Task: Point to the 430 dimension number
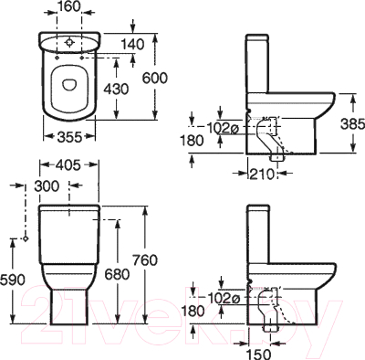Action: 116,91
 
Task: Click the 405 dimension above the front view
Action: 65,167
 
